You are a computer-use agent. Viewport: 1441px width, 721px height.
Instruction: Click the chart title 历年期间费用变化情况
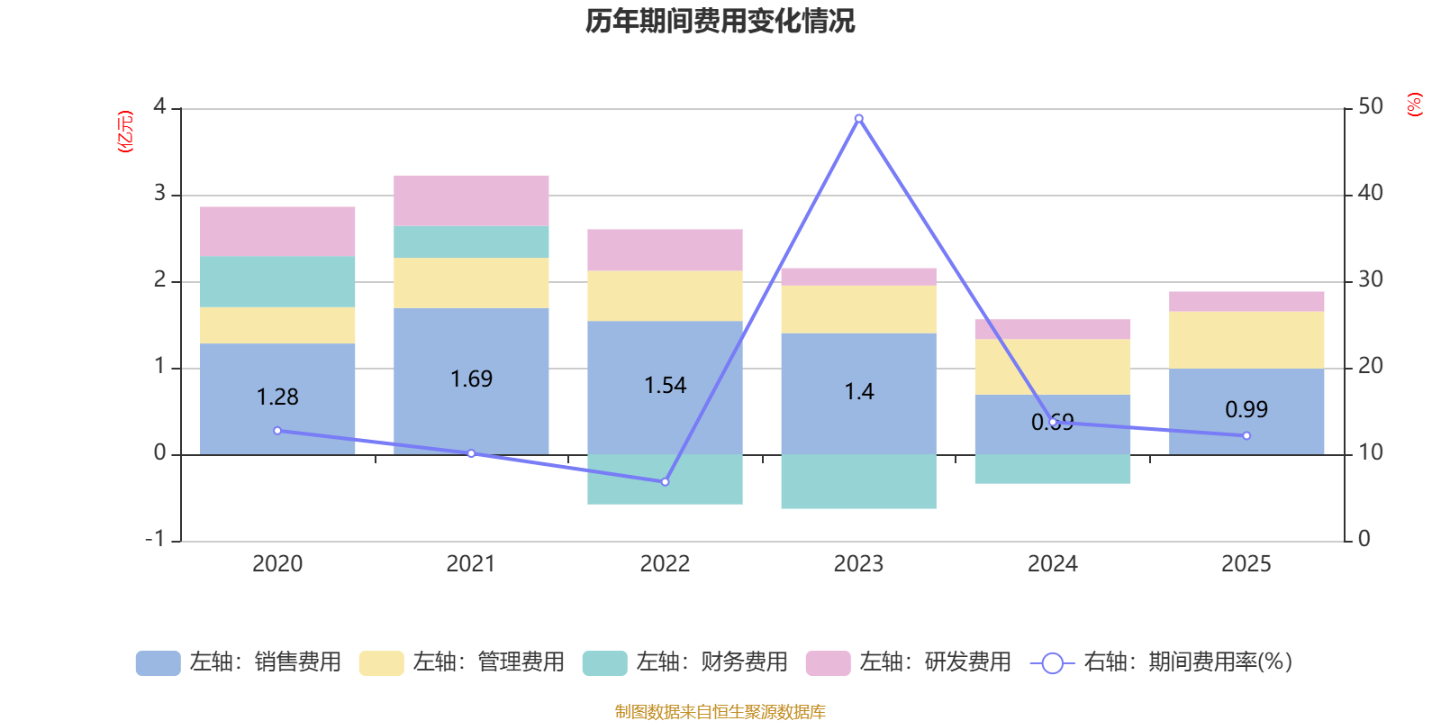coord(720,21)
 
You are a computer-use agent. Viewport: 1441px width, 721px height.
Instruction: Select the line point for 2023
coord(858,118)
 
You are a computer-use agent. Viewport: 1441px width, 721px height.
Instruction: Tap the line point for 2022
coord(665,482)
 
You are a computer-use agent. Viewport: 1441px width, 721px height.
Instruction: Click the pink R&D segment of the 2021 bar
coord(471,200)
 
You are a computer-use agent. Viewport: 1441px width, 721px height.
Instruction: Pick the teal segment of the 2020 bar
coord(277,281)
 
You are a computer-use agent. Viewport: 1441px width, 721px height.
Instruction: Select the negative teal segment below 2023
coord(858,481)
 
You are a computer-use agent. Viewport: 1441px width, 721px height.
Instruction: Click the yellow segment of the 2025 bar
coord(1246,340)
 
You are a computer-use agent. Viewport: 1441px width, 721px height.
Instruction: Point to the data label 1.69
coord(471,379)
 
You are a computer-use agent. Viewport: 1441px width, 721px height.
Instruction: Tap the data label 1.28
coord(277,397)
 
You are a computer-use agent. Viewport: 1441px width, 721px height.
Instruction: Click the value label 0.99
coord(1246,409)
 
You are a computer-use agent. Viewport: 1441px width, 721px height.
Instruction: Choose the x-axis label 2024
coord(1052,564)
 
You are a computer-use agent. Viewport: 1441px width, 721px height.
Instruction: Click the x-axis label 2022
coord(665,564)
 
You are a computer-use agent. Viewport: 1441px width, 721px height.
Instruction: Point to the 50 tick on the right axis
coord(1370,107)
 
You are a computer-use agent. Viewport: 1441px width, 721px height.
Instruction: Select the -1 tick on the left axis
coord(156,539)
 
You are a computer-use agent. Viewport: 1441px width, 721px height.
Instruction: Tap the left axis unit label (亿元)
coord(125,132)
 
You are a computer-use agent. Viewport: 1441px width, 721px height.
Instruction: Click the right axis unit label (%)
coord(1414,105)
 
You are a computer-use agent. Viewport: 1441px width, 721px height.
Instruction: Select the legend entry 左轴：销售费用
coord(239,662)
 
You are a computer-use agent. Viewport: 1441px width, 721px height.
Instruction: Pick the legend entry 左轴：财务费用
coord(685,662)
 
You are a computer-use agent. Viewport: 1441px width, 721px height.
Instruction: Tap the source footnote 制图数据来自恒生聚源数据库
coord(720,712)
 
